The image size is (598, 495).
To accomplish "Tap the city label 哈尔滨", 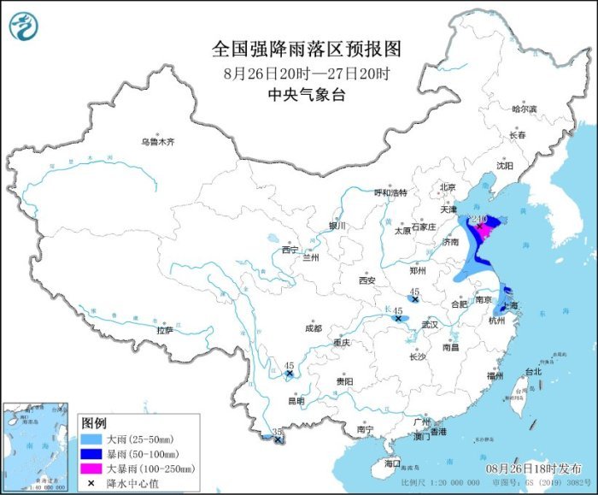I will (x=523, y=109).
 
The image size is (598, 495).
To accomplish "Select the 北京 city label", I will (x=447, y=187).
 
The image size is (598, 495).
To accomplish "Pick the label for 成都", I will (x=313, y=328).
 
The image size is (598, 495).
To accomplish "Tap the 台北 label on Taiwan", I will (x=532, y=372).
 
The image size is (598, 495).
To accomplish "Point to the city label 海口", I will (x=392, y=463).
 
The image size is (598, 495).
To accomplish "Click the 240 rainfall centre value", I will (x=478, y=219).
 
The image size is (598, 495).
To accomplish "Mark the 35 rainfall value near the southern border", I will (x=276, y=433).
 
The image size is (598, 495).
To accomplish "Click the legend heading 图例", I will (x=94, y=423).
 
